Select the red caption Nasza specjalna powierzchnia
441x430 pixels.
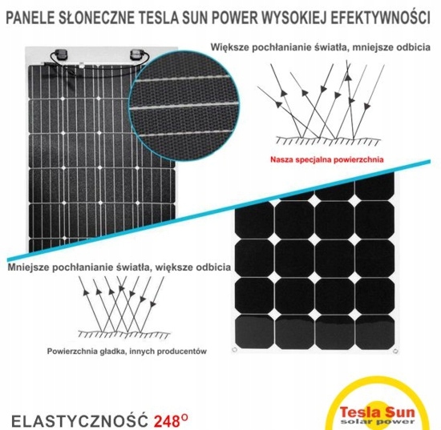(327, 160)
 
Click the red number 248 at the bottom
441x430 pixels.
(167, 420)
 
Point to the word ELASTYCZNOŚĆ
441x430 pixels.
(79, 420)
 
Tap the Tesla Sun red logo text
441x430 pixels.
(377, 412)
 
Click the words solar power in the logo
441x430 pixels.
(377, 421)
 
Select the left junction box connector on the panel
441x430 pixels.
(61, 54)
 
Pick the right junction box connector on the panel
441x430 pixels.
(137, 54)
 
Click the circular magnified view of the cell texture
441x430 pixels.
(184, 106)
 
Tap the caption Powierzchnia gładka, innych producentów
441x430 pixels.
(127, 351)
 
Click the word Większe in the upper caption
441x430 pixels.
(229, 47)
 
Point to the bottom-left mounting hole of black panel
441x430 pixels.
(235, 349)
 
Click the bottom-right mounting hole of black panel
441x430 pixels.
(395, 351)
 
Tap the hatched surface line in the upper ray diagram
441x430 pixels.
(328, 140)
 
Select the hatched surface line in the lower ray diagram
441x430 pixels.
(124, 334)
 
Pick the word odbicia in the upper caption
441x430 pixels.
(414, 47)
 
